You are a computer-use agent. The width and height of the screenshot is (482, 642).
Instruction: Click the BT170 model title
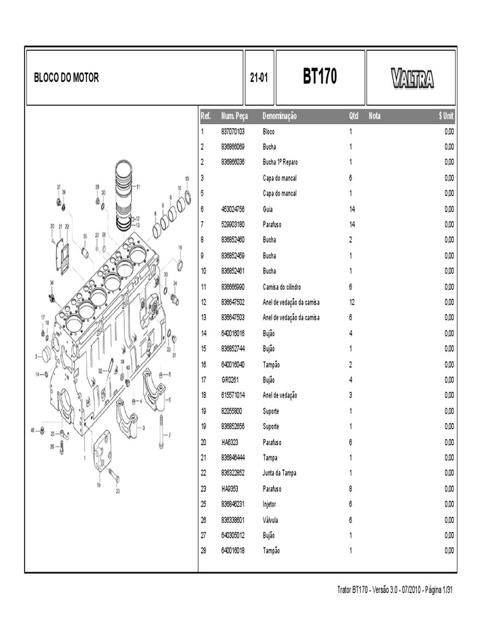[x=319, y=77]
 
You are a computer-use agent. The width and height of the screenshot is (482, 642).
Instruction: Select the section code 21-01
[x=259, y=78]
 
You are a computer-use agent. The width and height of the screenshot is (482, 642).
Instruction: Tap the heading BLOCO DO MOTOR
[x=67, y=78]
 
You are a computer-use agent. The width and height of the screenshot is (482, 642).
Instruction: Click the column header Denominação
[x=280, y=117]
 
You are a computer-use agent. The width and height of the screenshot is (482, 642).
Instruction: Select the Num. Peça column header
[x=235, y=117]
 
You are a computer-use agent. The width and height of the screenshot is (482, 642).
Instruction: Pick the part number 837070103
[x=233, y=132]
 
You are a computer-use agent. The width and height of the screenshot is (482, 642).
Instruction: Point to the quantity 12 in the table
[x=352, y=302]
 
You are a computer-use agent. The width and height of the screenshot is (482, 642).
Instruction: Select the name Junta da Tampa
[x=280, y=473]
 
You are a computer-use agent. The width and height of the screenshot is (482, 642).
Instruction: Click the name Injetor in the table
[x=269, y=504]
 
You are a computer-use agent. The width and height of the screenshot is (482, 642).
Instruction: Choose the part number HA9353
[x=230, y=488]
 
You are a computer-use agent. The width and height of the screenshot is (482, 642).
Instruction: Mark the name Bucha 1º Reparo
[x=281, y=162]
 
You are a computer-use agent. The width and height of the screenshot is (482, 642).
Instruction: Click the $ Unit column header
[x=446, y=117]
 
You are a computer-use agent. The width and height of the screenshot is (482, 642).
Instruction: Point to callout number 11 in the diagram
[x=138, y=186]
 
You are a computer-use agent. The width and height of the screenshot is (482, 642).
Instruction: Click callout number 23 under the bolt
[x=117, y=492]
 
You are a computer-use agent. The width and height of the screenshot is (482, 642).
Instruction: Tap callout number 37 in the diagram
[x=59, y=187]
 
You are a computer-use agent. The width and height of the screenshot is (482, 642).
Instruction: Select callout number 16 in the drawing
[x=180, y=248]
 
